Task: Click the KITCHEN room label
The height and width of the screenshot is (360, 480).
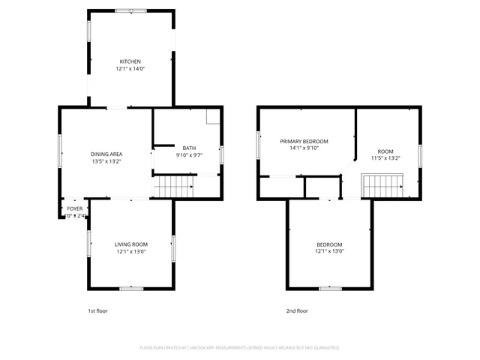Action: pyautogui.click(x=130, y=61)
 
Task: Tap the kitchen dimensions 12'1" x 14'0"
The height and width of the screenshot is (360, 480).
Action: pyautogui.click(x=130, y=68)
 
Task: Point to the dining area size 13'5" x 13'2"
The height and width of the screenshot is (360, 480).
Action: pyautogui.click(x=106, y=161)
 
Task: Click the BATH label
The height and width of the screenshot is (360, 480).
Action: pyautogui.click(x=189, y=148)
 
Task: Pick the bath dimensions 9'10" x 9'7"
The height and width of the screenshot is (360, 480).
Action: pyautogui.click(x=189, y=155)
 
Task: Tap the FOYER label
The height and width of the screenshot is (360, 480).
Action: pyautogui.click(x=75, y=208)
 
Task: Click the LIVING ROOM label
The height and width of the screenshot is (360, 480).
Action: pyautogui.click(x=130, y=244)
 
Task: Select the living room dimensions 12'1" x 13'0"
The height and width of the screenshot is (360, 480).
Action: pyautogui.click(x=130, y=251)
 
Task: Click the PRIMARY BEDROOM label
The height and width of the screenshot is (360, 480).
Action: pyautogui.click(x=304, y=141)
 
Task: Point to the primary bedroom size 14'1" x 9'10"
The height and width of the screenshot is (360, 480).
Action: pyautogui.click(x=304, y=148)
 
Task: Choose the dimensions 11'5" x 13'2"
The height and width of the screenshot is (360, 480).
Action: pyautogui.click(x=385, y=158)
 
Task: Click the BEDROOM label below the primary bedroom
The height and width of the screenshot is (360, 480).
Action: pyautogui.click(x=329, y=244)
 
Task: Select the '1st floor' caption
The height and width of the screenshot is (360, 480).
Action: pyautogui.click(x=98, y=310)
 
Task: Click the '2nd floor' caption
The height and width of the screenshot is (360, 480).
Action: pyautogui.click(x=297, y=310)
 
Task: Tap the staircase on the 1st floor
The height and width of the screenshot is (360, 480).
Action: pyautogui.click(x=173, y=185)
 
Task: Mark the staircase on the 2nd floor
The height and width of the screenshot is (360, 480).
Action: pyautogui.click(x=382, y=185)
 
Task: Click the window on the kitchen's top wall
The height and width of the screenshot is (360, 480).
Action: pyautogui.click(x=136, y=10)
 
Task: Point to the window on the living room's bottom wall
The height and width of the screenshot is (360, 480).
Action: pyautogui.click(x=131, y=288)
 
